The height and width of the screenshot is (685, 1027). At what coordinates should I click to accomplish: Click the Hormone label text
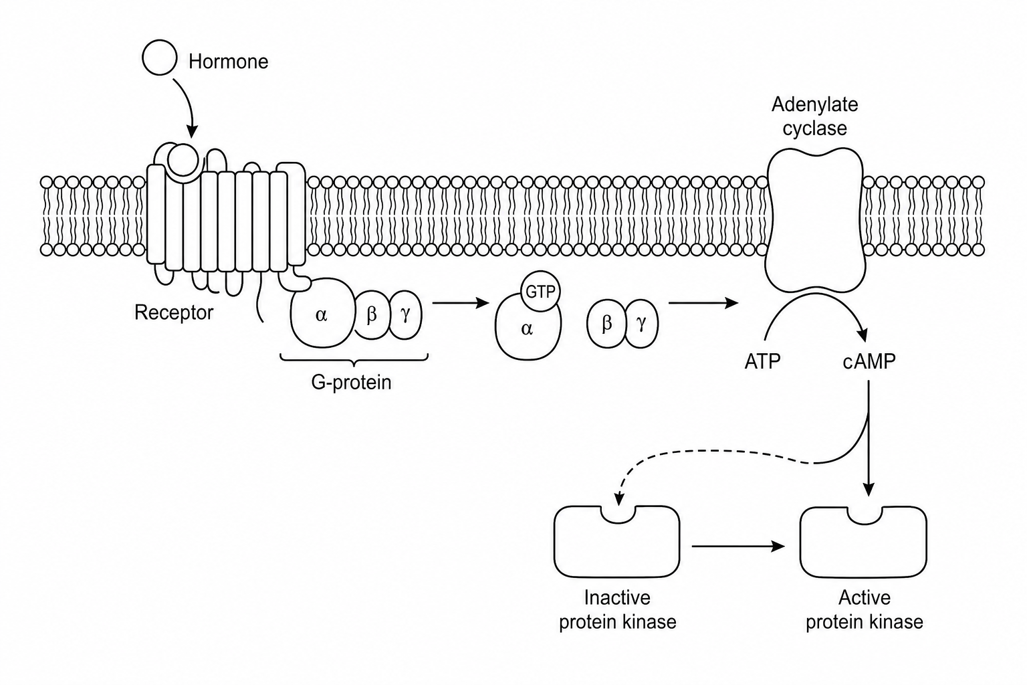tap(228, 62)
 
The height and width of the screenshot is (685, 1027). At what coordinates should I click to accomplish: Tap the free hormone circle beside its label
tap(160, 58)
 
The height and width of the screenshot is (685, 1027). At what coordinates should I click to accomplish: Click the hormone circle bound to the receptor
tap(183, 159)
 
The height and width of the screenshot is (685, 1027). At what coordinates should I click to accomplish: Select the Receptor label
tap(174, 312)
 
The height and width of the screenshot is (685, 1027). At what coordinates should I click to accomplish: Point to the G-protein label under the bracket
tap(351, 382)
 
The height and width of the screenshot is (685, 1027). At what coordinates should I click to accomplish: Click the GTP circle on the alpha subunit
tap(540, 292)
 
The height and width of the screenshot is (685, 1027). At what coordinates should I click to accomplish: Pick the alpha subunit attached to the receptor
tap(323, 313)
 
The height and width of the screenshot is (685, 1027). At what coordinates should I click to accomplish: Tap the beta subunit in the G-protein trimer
tap(372, 315)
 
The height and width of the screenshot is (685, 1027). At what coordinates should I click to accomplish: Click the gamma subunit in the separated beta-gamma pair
tap(641, 324)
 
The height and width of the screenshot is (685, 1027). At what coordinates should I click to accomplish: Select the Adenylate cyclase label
tap(815, 116)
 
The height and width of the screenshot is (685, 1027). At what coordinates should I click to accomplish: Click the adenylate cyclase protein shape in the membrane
tap(815, 219)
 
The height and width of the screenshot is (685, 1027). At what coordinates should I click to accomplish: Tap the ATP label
tap(762, 362)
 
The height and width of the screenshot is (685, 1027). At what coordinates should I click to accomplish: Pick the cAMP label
tap(869, 362)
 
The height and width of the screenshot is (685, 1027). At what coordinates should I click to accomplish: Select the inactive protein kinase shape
tap(616, 542)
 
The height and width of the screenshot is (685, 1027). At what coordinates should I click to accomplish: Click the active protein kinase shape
tap(863, 542)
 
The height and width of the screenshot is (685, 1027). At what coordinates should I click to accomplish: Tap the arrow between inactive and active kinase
tap(738, 546)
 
